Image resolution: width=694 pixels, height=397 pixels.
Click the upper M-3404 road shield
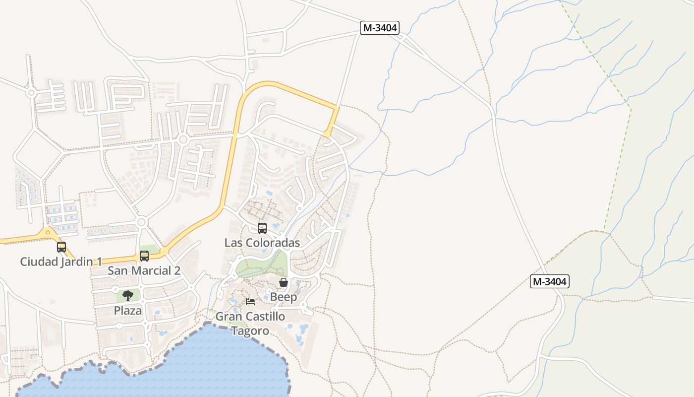click(380, 28)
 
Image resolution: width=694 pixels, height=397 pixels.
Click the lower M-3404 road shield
click(549, 282)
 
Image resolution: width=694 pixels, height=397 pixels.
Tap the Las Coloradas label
click(262, 243)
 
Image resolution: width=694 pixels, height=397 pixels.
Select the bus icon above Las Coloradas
click(262, 228)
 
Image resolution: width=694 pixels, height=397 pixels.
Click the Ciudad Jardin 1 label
click(61, 262)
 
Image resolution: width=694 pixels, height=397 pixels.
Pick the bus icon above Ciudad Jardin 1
click(61, 247)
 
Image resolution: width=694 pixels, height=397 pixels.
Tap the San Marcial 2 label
click(144, 271)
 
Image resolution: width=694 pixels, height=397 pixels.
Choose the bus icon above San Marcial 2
click(144, 256)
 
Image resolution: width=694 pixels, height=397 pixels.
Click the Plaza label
click(128, 311)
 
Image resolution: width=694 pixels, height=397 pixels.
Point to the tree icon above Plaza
click(128, 296)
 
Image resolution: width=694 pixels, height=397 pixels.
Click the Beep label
click(284, 297)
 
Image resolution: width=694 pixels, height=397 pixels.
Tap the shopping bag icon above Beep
click(284, 282)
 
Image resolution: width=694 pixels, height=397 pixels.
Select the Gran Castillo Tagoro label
click(250, 324)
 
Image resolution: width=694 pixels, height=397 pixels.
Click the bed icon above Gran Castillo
click(250, 301)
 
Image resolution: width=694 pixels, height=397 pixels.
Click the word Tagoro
click(250, 331)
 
